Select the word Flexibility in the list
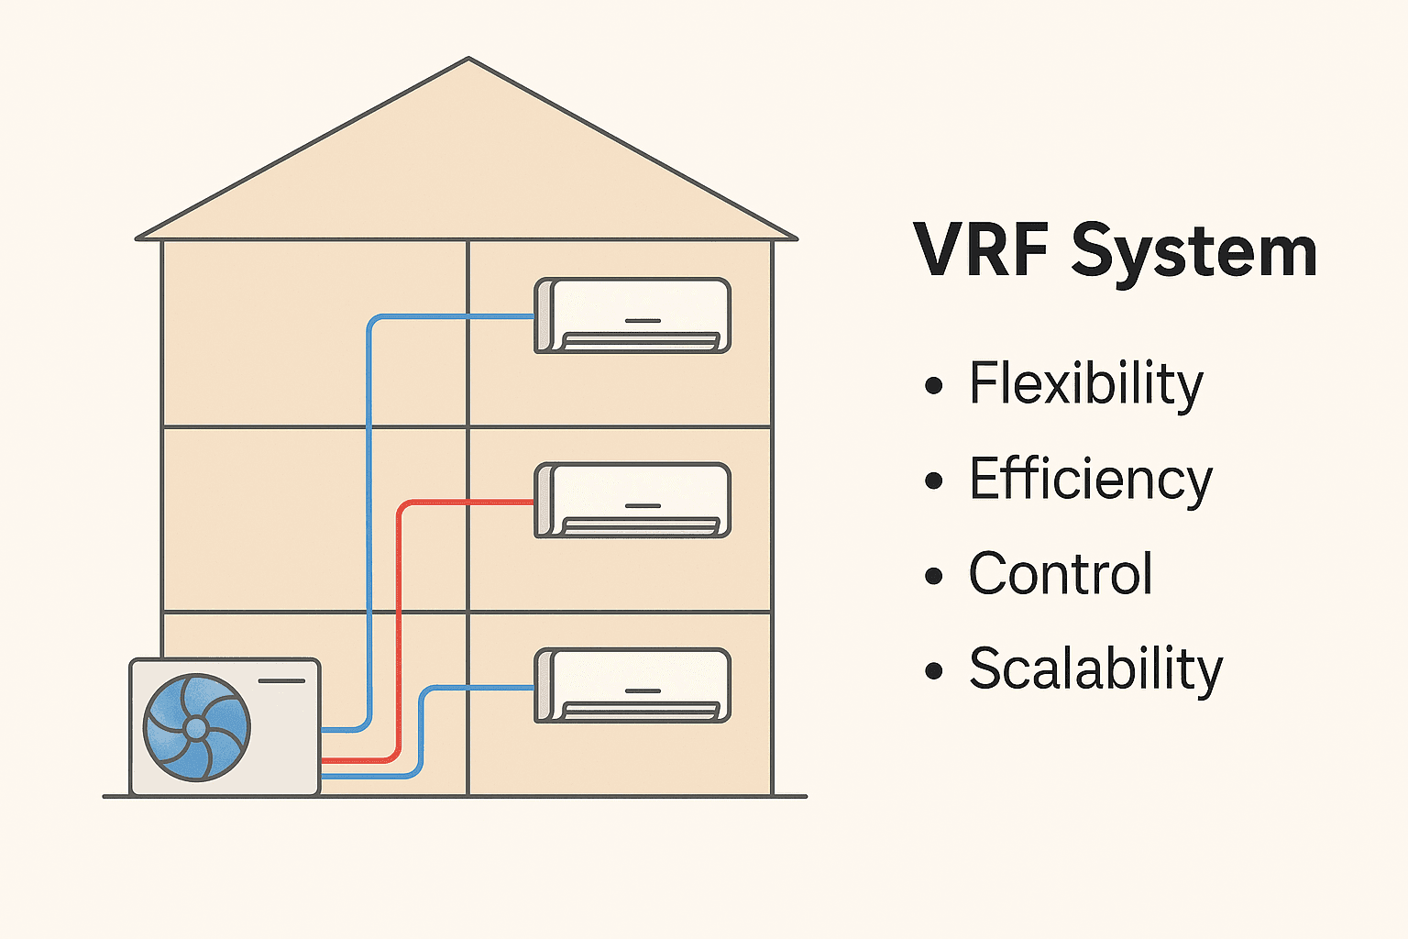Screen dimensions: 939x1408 click(x=1085, y=384)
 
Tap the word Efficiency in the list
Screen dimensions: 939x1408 click(x=1090, y=480)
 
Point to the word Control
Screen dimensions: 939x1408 click(x=1060, y=574)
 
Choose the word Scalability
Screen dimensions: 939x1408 click(x=1095, y=669)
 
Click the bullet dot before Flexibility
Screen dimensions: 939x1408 click(x=934, y=385)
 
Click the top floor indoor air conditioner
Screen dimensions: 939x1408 click(x=632, y=315)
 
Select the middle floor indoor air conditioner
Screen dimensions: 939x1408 click(x=632, y=500)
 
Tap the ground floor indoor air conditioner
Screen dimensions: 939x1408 click(x=632, y=685)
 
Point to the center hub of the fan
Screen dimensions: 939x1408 click(x=196, y=728)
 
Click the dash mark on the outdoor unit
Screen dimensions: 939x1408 click(x=281, y=680)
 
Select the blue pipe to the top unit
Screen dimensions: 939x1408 click(x=368, y=514)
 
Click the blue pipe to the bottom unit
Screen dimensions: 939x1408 click(x=477, y=688)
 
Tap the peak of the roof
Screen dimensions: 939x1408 click(x=468, y=61)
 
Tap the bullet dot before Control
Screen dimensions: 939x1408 click(x=934, y=576)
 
